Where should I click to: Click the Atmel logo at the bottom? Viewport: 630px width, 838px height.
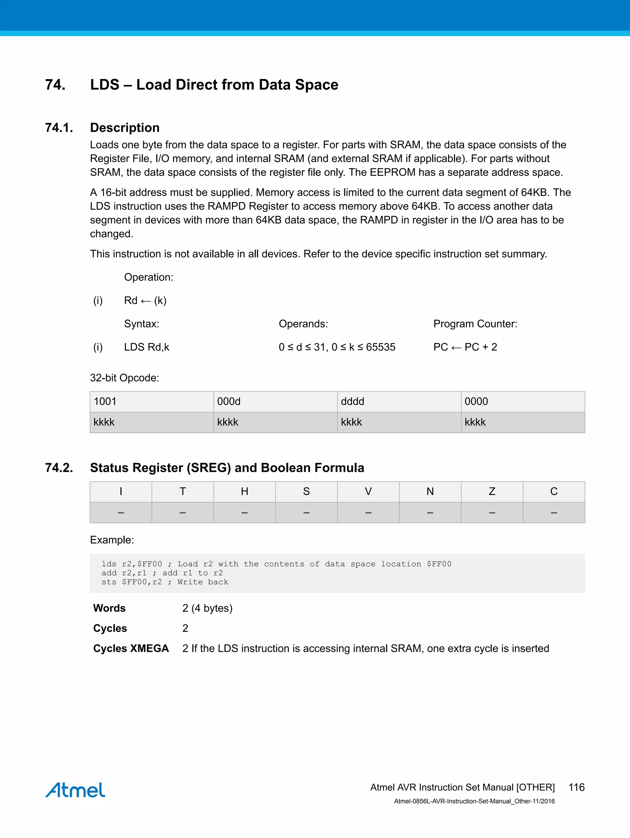tap(75, 790)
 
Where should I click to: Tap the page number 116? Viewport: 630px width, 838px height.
tap(576, 787)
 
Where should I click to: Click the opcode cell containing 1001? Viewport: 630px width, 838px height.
tap(151, 402)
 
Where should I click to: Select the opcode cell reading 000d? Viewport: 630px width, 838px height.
tap(275, 402)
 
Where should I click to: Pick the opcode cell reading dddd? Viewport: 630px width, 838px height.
tap(399, 402)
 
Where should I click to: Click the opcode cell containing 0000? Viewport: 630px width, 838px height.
tap(523, 402)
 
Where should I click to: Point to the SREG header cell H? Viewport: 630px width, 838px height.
tap(245, 491)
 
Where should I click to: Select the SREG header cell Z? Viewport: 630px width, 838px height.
tap(492, 491)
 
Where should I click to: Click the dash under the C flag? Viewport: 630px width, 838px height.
tap(554, 512)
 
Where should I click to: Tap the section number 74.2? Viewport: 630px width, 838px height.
tap(59, 468)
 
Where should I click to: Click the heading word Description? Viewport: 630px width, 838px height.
tap(125, 128)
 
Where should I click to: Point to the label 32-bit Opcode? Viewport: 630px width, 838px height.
tap(125, 378)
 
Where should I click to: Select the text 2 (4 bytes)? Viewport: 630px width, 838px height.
tap(207, 608)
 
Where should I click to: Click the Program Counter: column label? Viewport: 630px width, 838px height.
tap(475, 324)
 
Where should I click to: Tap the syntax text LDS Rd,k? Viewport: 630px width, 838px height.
tap(146, 347)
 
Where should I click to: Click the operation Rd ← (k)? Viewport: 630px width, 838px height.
tap(145, 300)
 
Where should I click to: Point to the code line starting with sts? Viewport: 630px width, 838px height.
tap(165, 582)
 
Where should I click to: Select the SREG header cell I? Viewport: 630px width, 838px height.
tap(121, 491)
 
